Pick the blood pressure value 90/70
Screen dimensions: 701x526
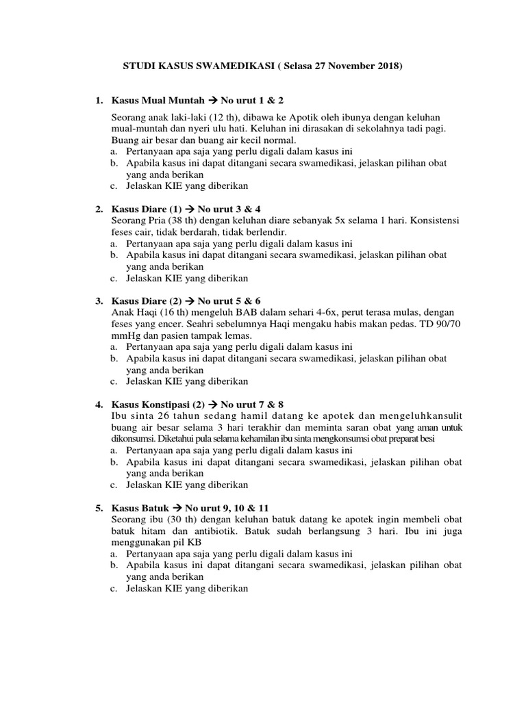tap(446, 325)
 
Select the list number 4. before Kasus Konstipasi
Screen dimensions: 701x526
tap(99, 405)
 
